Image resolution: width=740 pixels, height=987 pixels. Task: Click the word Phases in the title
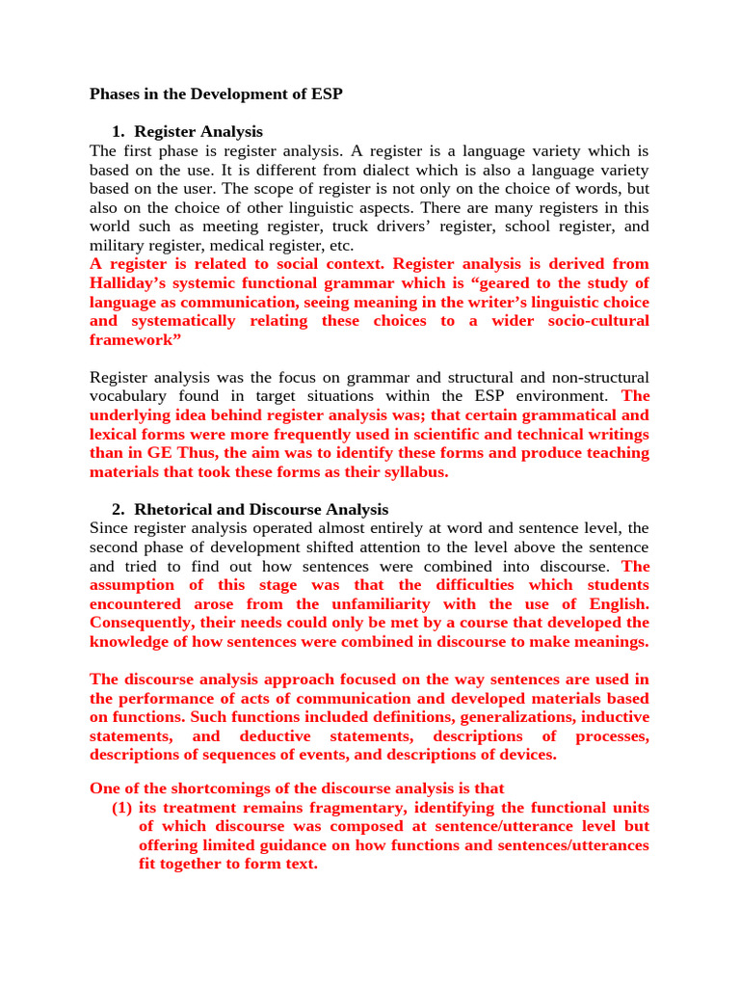coord(114,94)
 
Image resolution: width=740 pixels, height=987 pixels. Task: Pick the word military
coord(116,245)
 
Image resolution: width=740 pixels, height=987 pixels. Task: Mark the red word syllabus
coord(415,472)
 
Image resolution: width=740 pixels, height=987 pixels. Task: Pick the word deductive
coord(279,736)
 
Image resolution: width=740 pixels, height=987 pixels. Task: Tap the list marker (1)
coord(122,808)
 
